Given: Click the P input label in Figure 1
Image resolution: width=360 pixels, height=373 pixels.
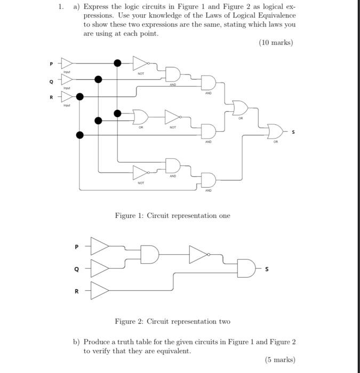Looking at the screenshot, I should [52, 64].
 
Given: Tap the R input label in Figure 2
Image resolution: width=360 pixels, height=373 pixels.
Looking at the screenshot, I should [76, 291].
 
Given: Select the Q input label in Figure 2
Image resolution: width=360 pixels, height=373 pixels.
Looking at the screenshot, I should [76, 269].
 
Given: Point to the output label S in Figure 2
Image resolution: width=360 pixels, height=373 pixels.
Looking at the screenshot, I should [267, 269].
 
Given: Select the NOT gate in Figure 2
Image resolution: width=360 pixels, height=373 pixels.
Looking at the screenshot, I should [198, 255].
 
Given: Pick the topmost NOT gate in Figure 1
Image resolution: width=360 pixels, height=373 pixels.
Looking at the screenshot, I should [140, 63].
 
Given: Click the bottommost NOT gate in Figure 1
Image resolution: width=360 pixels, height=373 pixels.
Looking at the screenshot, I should [140, 172].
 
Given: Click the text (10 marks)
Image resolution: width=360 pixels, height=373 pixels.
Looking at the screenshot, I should [276, 43].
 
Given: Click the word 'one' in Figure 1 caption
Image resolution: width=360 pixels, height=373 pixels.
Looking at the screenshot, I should [224, 216].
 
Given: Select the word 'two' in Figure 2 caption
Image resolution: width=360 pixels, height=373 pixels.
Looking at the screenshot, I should [224, 321].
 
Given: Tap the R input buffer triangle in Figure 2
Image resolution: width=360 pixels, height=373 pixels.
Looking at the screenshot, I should [100, 291].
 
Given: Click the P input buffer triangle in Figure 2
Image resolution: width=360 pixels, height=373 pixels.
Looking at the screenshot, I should [100, 247].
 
